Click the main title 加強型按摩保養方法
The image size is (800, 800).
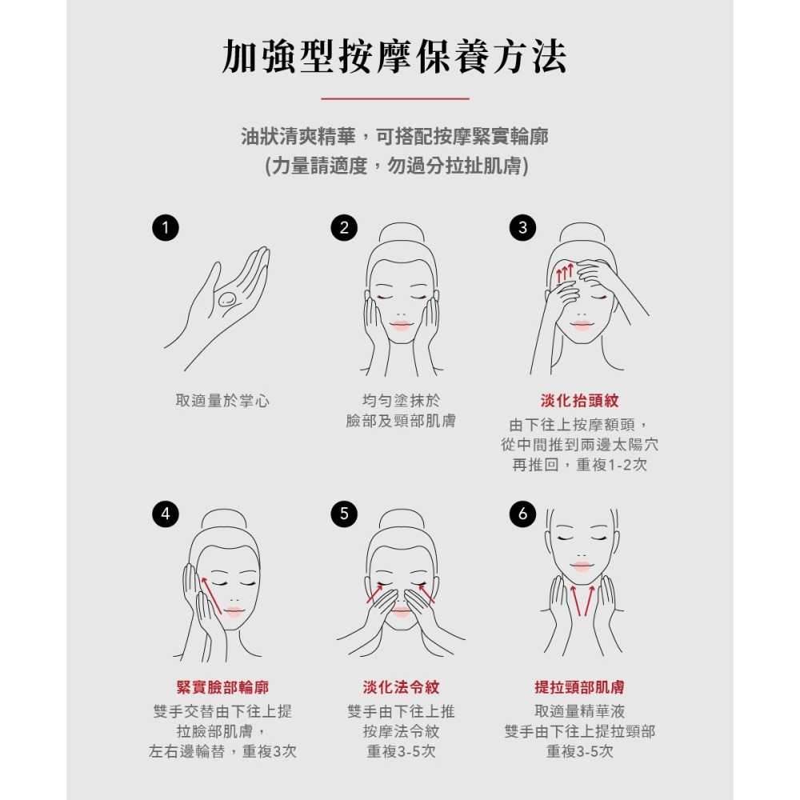[394, 56]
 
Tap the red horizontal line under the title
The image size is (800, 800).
[395, 98]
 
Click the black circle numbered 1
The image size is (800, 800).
[166, 227]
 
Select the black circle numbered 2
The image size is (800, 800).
[344, 227]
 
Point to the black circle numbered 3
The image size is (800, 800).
[522, 227]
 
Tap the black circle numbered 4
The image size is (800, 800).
[166, 514]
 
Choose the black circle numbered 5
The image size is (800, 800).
[344, 514]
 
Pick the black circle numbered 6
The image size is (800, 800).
[522, 514]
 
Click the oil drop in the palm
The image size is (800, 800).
[228, 299]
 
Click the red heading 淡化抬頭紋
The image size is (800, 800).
[579, 401]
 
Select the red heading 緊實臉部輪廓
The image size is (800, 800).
[222, 687]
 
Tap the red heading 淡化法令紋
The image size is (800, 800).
[401, 687]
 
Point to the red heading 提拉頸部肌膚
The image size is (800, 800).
[579, 687]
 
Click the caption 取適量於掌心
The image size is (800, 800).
[222, 401]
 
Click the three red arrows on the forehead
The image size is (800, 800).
[564, 274]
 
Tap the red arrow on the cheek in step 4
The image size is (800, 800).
[211, 595]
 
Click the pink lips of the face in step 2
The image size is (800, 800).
[401, 326]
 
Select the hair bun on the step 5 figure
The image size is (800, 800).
[402, 518]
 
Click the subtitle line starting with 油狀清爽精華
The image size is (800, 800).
[395, 136]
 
